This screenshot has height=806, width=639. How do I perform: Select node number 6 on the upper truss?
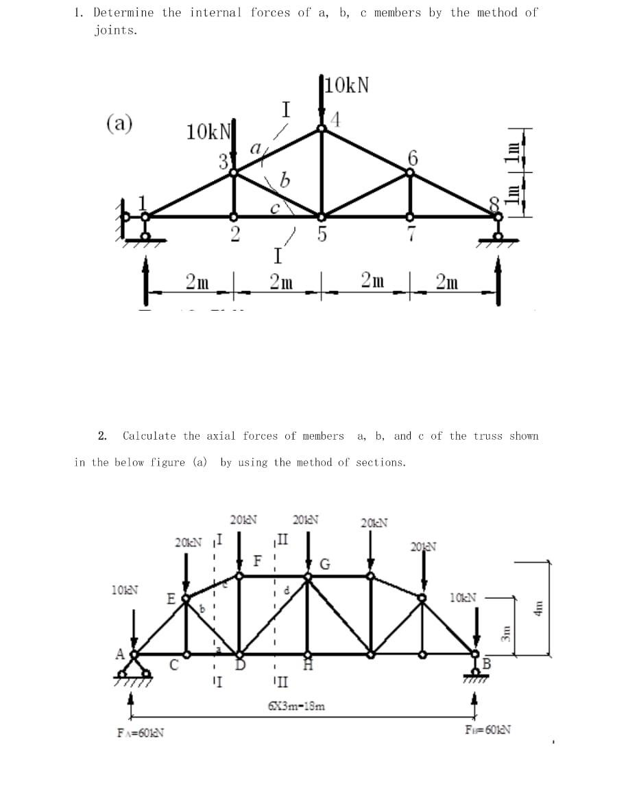tap(412, 157)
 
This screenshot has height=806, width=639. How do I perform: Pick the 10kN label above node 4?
tap(347, 85)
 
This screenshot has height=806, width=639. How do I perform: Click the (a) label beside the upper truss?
tap(119, 124)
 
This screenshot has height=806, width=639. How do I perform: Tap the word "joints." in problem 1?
tap(115, 29)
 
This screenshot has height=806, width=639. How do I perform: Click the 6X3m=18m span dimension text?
tap(296, 704)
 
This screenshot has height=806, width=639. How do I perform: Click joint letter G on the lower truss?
tap(325, 565)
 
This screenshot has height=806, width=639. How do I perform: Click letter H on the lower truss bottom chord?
tap(308, 665)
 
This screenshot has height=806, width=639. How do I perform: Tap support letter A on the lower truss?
tap(121, 653)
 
